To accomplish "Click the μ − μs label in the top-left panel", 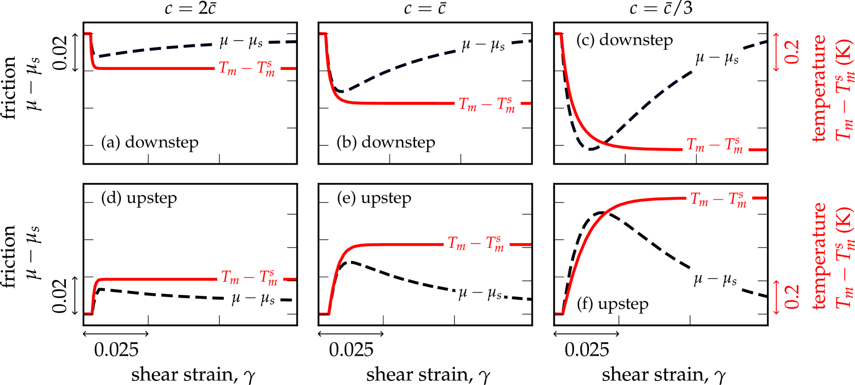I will coord(241,42).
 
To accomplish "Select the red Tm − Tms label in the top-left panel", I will coord(247,68).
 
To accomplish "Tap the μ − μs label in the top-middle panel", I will coord(483,46).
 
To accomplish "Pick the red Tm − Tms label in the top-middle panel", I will coord(487,104).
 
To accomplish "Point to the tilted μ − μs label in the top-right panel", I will coord(717,59).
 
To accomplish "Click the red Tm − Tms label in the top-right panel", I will coord(715,144).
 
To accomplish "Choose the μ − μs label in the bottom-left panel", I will coord(253,299).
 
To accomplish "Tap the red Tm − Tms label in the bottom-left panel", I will coord(250,278).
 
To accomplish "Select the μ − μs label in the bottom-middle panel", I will coord(479,294).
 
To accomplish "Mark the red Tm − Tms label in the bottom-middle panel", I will coord(476,243).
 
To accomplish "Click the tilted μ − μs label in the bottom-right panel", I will coord(715,280).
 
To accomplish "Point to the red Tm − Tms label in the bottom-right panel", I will coord(719,199).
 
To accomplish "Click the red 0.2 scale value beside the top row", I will coord(792,52).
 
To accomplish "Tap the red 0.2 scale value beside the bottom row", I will coord(792,297).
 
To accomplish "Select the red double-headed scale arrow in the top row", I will coord(776,52).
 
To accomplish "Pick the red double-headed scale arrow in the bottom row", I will coord(776,297).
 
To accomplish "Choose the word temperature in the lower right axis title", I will coord(818,256).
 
